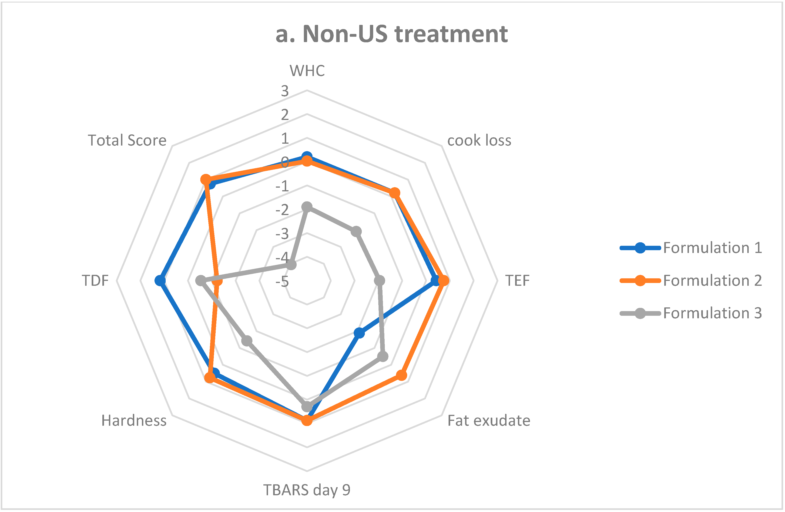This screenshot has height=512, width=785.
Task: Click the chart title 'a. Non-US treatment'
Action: click(x=392, y=34)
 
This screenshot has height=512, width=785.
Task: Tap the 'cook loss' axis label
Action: click(x=479, y=140)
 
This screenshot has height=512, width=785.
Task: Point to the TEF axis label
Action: click(x=517, y=281)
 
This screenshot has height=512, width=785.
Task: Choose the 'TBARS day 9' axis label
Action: click(x=307, y=490)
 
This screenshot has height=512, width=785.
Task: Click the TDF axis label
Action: click(x=95, y=281)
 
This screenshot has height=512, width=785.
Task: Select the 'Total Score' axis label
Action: click(x=127, y=140)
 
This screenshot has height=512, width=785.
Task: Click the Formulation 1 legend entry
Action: click(x=712, y=248)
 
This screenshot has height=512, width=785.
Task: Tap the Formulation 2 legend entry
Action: click(x=712, y=281)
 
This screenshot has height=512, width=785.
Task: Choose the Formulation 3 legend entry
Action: click(x=712, y=313)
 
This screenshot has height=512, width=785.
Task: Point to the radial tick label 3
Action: click(x=285, y=91)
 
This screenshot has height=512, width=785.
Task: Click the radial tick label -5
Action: click(x=282, y=282)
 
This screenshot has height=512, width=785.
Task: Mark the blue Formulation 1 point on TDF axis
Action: click(x=160, y=281)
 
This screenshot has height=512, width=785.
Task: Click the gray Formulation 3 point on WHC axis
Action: click(x=307, y=207)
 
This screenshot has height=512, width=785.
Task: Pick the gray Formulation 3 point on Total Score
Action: click(x=291, y=265)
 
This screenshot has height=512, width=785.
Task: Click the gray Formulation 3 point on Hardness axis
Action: click(x=247, y=341)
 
